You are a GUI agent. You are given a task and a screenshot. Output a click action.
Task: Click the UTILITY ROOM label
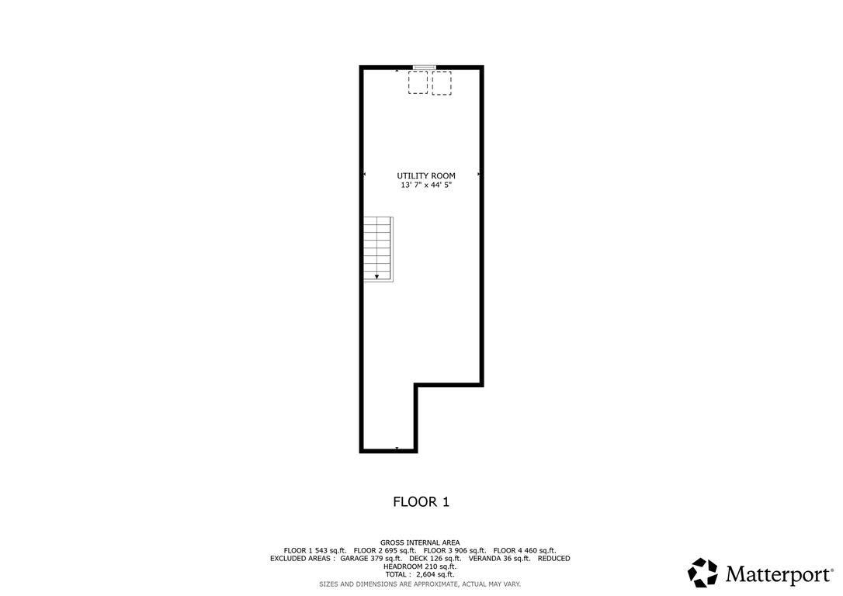(x=426, y=175)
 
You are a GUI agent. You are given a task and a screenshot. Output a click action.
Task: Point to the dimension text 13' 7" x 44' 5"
(x=426, y=185)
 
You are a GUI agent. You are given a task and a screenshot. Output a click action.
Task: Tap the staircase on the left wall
(x=379, y=249)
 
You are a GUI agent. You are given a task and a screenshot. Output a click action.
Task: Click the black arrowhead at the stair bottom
(x=377, y=277)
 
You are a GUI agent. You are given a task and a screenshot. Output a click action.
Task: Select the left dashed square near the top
(x=418, y=83)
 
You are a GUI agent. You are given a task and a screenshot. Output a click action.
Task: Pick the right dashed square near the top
(x=442, y=83)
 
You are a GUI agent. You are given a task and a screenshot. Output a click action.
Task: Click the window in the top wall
(x=424, y=68)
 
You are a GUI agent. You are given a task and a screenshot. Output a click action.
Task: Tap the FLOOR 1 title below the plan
(x=421, y=502)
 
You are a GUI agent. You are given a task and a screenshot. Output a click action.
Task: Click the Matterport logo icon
(x=702, y=573)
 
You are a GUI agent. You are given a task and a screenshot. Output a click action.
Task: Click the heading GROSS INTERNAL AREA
(x=420, y=542)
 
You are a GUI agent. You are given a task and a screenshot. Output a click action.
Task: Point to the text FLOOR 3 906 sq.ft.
(x=455, y=550)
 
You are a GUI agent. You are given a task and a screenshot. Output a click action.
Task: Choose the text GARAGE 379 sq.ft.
(x=371, y=559)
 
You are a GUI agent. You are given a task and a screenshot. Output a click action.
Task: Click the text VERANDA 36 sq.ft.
(x=499, y=559)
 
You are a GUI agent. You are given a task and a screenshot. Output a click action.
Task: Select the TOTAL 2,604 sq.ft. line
(x=420, y=574)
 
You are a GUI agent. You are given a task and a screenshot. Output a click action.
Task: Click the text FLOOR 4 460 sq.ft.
(x=525, y=550)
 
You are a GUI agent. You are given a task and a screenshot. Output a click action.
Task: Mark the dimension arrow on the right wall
(x=478, y=175)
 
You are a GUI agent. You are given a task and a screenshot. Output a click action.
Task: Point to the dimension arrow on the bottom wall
(x=397, y=448)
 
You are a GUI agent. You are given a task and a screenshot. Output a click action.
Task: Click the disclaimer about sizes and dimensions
(x=420, y=584)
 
